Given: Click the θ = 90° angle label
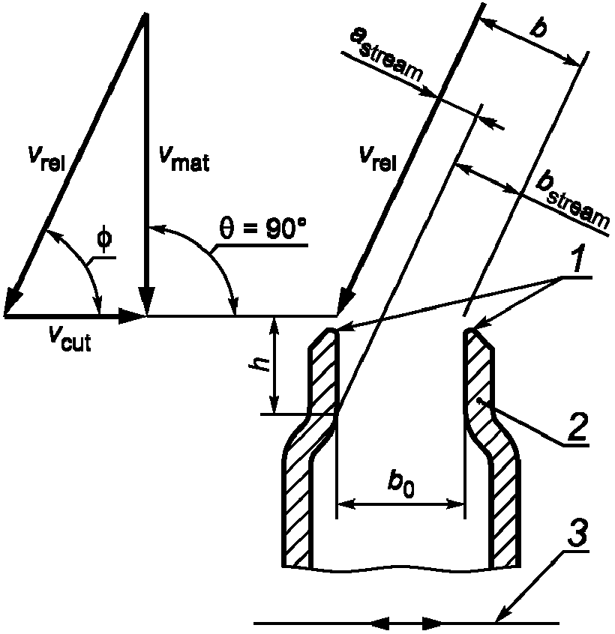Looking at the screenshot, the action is point(263,229).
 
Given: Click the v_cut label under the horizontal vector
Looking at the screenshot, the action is point(70,338).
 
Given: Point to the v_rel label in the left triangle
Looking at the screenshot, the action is point(47,159).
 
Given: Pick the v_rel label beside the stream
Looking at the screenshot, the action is point(378,159).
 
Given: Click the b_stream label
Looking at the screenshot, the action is point(572,202).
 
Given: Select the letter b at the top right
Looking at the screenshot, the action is point(538,28).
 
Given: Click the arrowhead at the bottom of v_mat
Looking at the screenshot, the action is point(146,301).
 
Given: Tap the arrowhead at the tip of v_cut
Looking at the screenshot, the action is point(132,316).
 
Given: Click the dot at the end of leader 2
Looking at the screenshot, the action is point(479,401).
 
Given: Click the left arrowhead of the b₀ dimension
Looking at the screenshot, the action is point(346,504).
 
